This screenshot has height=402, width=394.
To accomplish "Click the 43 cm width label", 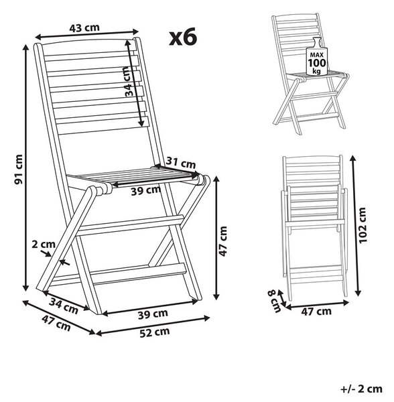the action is pos(84,27).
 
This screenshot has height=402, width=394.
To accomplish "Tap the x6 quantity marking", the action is pos(183,37).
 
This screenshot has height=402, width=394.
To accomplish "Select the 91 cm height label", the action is pos(19,170).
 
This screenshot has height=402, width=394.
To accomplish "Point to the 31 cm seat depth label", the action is pos(181,163).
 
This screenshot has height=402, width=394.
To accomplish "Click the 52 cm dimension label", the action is pos(155,332).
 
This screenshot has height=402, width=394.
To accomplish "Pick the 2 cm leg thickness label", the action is pos(44,245).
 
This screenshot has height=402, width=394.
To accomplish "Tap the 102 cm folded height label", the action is pos(363,225).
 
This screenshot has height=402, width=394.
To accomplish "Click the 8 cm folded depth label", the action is pos(274,301).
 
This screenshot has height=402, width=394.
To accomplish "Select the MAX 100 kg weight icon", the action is pos(317,57).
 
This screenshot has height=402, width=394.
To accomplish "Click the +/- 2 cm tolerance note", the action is pos(361,389).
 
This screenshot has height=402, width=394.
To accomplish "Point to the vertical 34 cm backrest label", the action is pos(130,81).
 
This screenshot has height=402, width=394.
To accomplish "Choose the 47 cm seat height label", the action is pos(223,241).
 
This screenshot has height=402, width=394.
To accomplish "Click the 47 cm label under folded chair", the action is pos(316,312).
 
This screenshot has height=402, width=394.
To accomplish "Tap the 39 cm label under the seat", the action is pos(146,190).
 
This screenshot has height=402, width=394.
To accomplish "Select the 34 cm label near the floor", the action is pos(63,306).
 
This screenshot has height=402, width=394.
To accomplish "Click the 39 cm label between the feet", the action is pos(153,314).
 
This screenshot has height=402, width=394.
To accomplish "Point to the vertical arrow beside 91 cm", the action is pos(25,167).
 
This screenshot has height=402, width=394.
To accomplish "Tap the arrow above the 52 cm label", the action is pos(153,326).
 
